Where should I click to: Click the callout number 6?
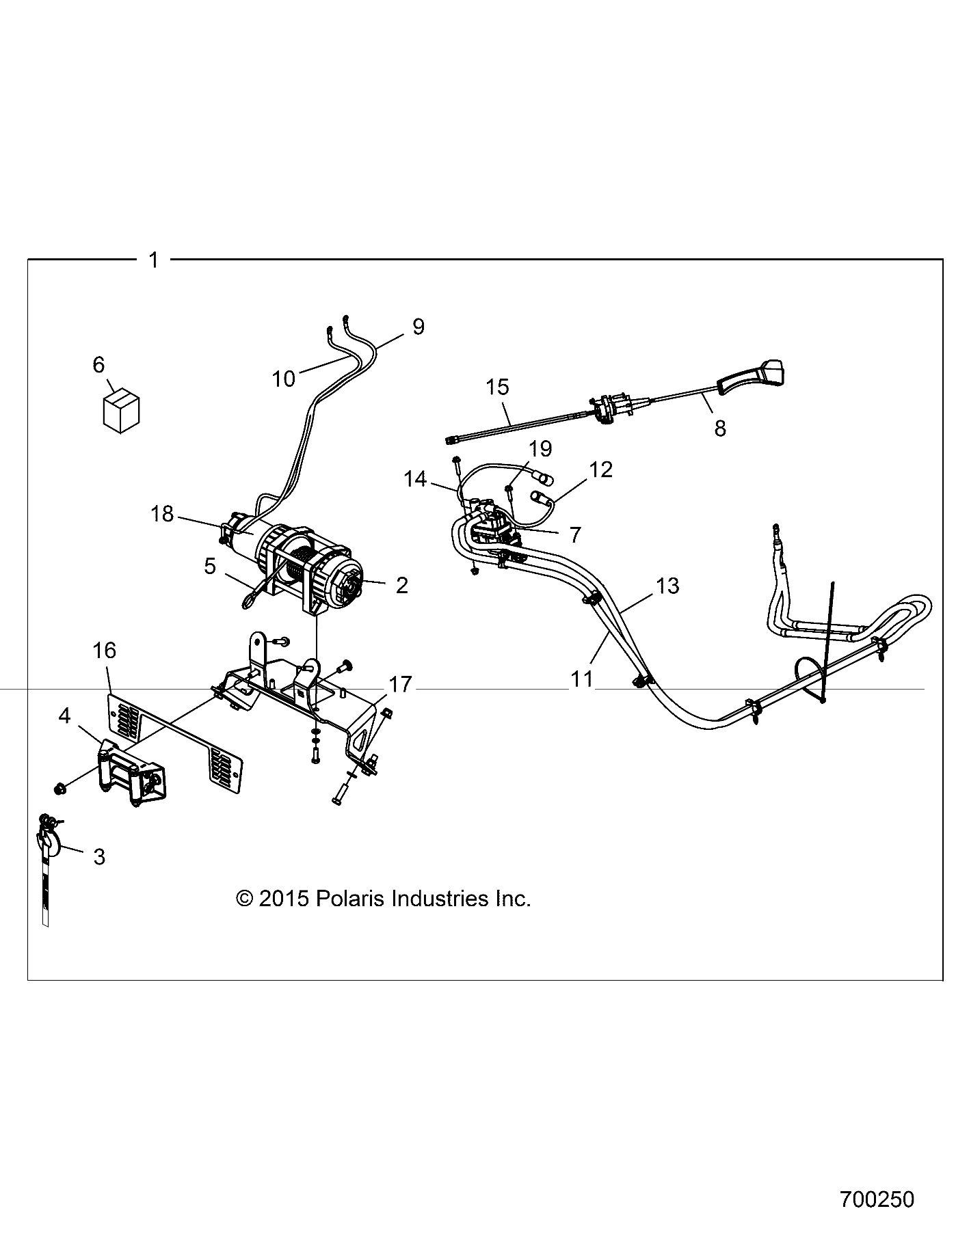(98, 365)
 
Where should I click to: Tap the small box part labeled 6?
(120, 412)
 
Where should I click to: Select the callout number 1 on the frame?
(153, 260)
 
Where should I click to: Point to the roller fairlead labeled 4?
(134, 774)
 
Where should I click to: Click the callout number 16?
(104, 650)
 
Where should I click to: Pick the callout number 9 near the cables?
(419, 327)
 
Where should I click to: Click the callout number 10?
(283, 378)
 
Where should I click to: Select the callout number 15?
(498, 387)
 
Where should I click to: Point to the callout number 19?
(540, 448)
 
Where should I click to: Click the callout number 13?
(667, 585)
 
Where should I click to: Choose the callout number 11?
(582, 679)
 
